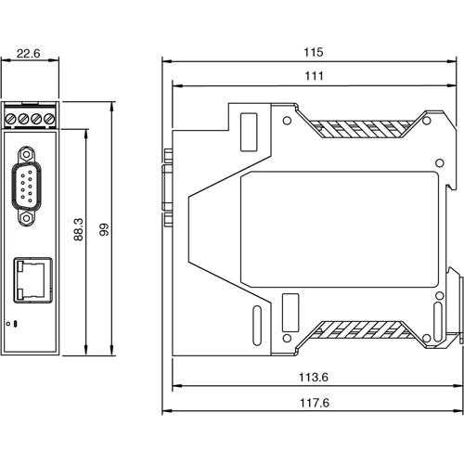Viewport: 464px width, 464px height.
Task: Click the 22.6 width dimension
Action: click(31, 54)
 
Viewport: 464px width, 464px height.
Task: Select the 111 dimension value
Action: click(313, 78)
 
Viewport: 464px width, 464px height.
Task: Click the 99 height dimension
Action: click(105, 229)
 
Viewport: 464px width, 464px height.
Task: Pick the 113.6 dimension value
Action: click(313, 378)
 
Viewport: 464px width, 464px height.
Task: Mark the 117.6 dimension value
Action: click(313, 403)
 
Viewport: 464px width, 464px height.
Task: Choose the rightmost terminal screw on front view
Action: click(46, 119)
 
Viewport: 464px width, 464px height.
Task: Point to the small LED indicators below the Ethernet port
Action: click(12, 323)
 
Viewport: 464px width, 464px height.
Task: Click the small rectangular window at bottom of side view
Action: click(290, 308)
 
